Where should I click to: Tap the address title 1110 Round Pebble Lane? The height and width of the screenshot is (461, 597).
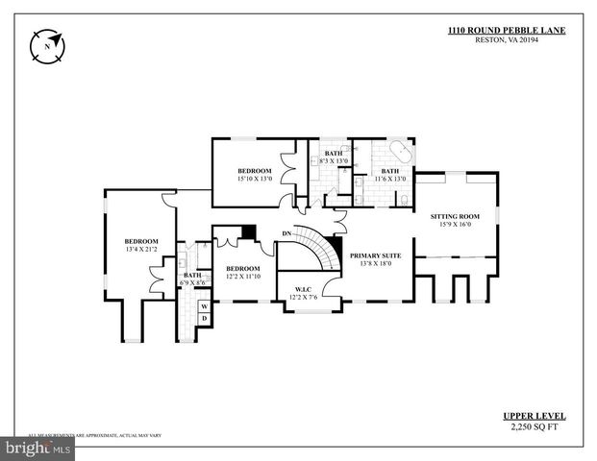pos(507,30)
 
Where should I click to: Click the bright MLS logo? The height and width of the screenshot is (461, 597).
pos(38,448)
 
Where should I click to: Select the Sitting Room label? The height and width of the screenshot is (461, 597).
pos(458,217)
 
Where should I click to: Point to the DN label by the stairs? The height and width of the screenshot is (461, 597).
pos(286,233)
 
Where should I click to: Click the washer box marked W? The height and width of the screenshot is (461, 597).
pos(204,306)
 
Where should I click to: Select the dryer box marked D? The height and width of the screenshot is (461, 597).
pos(204,318)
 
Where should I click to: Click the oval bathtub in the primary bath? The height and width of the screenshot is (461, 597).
pos(399,153)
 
